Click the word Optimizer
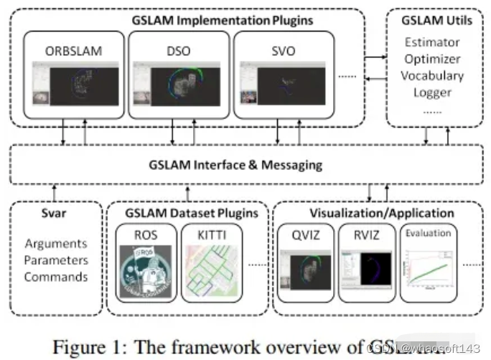tap(432, 59)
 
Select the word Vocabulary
tap(432, 75)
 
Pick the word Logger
tap(432, 92)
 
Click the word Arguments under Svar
tap(56, 244)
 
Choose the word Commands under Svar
tap(56, 277)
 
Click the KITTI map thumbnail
tap(207, 268)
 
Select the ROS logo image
tap(146, 268)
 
